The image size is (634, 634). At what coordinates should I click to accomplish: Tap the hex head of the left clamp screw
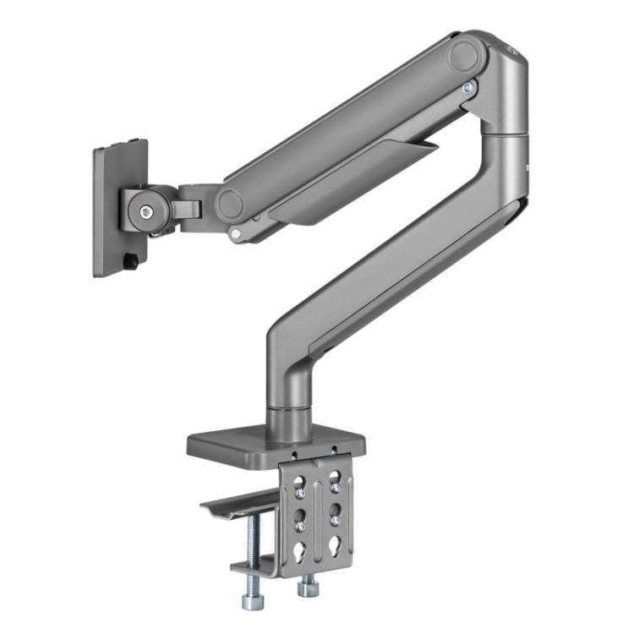tap(254, 601)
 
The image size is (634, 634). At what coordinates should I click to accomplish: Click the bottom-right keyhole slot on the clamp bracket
tap(336, 545)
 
